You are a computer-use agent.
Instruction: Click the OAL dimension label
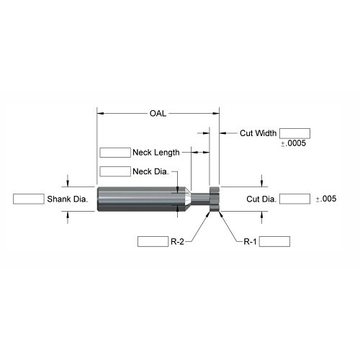point(158,113)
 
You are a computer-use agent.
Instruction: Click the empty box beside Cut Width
point(294,133)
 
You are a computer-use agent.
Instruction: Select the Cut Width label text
point(258,133)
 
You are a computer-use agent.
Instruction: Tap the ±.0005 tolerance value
point(294,143)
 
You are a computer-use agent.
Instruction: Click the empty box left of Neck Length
point(115,153)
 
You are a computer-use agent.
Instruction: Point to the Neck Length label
point(156,153)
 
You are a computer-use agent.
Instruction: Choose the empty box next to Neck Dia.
point(115,171)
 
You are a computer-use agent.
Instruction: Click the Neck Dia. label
point(150,171)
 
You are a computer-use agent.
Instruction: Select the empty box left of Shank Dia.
point(29,199)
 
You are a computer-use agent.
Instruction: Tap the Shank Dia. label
point(68,199)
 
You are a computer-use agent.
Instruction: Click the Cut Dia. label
point(261,199)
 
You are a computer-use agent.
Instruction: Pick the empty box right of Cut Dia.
point(295,199)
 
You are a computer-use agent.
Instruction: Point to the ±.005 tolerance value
point(326,199)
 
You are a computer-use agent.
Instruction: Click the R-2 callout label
point(177,241)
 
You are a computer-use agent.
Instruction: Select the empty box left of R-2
point(153,241)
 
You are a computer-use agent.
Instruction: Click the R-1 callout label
point(250,241)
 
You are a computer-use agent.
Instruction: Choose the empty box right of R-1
point(274,241)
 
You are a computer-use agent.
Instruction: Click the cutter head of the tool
point(215,199)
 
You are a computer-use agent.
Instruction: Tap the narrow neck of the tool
point(200,199)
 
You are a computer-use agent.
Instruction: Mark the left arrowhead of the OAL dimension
point(100,113)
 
